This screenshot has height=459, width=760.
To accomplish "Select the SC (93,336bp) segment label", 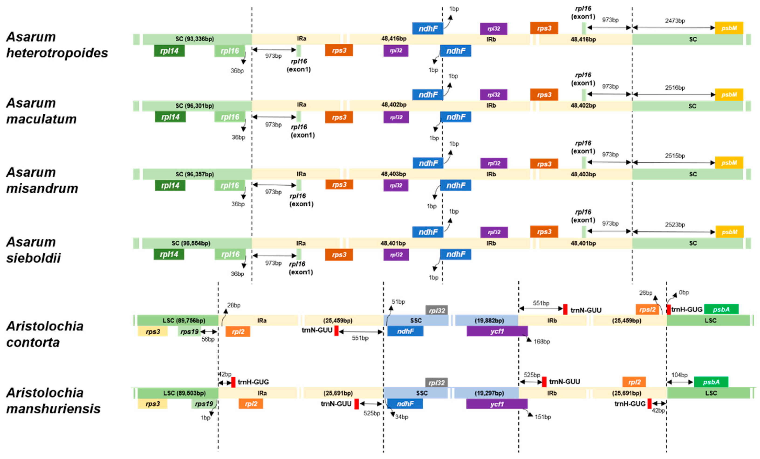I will pyautogui.click(x=195, y=39).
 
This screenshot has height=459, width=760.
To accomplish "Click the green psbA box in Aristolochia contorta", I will pyautogui.click(x=721, y=309).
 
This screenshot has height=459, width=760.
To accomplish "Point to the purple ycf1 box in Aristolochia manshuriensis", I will pyautogui.click(x=496, y=404).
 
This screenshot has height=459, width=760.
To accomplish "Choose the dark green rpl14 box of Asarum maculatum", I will pyautogui.click(x=170, y=117).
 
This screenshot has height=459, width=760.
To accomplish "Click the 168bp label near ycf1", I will pyautogui.click(x=542, y=342).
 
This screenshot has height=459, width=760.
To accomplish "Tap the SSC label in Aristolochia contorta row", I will pyautogui.click(x=416, y=321).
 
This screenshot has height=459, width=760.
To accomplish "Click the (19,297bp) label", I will pyautogui.click(x=489, y=393).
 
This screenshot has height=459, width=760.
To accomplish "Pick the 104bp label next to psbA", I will pyautogui.click(x=679, y=375).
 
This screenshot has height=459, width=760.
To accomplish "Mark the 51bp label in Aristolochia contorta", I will pyautogui.click(x=398, y=302).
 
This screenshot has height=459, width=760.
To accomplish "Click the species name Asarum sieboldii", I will pyautogui.click(x=33, y=250).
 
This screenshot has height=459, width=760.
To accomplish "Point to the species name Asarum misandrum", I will pyautogui.click(x=42, y=180).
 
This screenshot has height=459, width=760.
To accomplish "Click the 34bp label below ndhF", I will pyautogui.click(x=402, y=417).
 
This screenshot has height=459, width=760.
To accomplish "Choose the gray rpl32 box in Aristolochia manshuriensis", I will pyautogui.click(x=436, y=383).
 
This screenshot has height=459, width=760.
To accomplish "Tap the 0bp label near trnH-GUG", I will pyautogui.click(x=684, y=292).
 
